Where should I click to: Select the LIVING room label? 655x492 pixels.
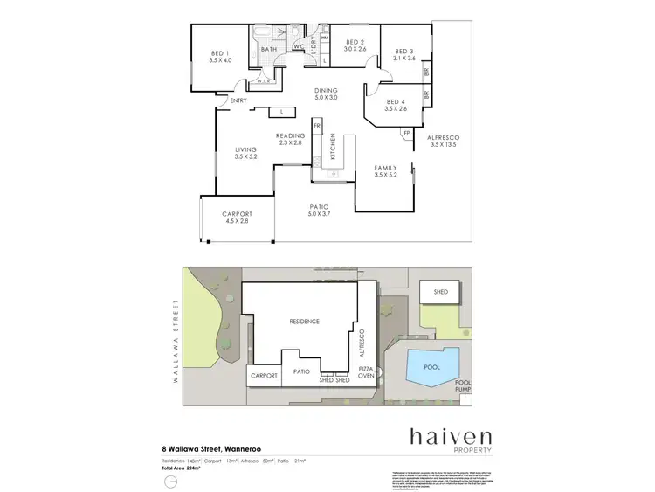(245, 154)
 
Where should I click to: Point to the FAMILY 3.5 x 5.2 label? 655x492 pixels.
(385, 171)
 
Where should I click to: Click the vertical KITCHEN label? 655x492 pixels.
(332, 151)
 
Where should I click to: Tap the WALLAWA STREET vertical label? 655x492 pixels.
(176, 332)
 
